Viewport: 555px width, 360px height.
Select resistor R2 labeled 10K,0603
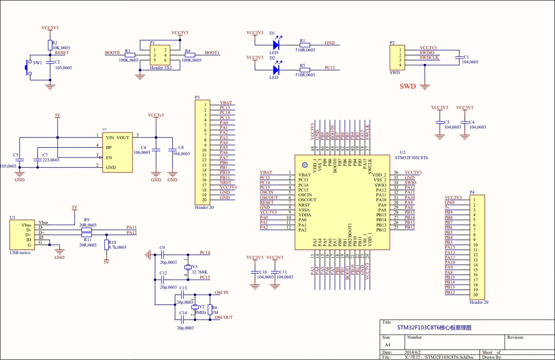[50, 44]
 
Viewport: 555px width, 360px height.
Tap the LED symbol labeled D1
[276, 44]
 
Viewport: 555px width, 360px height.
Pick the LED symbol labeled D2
[276, 70]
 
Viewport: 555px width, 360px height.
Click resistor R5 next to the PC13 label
[304, 70]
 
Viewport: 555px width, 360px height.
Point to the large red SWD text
[407, 86]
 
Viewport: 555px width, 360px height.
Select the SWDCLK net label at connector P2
[429, 58]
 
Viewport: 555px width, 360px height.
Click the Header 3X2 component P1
[160, 55]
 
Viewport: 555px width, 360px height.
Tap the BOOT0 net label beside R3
[112, 53]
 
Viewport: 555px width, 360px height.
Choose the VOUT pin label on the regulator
[123, 138]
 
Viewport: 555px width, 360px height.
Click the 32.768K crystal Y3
[188, 267]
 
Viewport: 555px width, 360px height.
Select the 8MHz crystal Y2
[194, 307]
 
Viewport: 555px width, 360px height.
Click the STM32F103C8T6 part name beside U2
[411, 157]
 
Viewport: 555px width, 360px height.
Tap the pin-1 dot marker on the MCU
[305, 164]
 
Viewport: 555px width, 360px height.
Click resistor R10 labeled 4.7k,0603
[106, 245]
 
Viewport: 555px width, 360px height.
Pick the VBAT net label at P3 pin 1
[226, 103]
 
